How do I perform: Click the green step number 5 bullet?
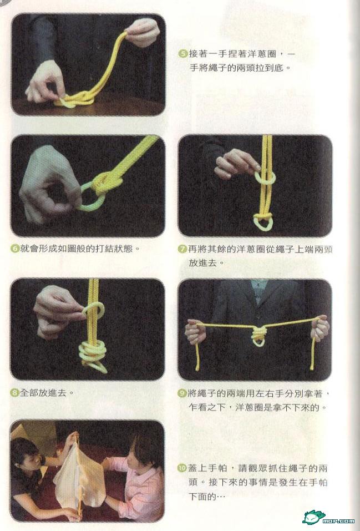183,53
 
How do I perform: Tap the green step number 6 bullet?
15,249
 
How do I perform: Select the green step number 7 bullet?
182,249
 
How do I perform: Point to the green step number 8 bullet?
15,393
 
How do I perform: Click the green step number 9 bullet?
182,393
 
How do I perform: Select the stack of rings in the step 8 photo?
92,356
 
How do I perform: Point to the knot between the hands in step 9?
258,335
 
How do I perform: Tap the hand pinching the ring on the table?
47,83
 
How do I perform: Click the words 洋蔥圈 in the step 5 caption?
266,54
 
